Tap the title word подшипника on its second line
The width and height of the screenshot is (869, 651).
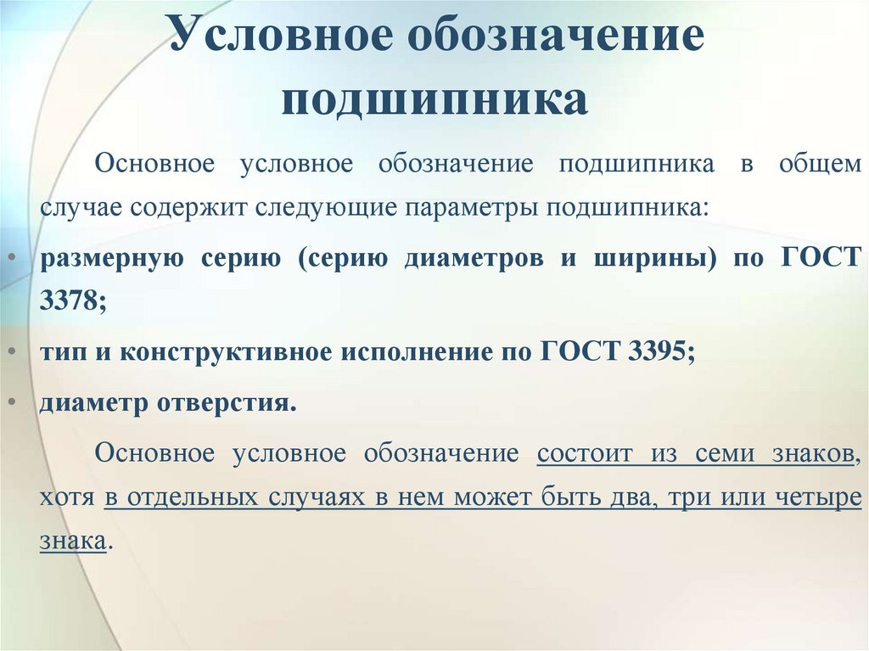[x=434, y=100]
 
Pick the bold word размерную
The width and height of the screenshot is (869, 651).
[x=110, y=259]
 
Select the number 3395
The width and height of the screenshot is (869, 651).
[x=659, y=352]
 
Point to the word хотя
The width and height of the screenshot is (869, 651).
[x=65, y=497]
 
